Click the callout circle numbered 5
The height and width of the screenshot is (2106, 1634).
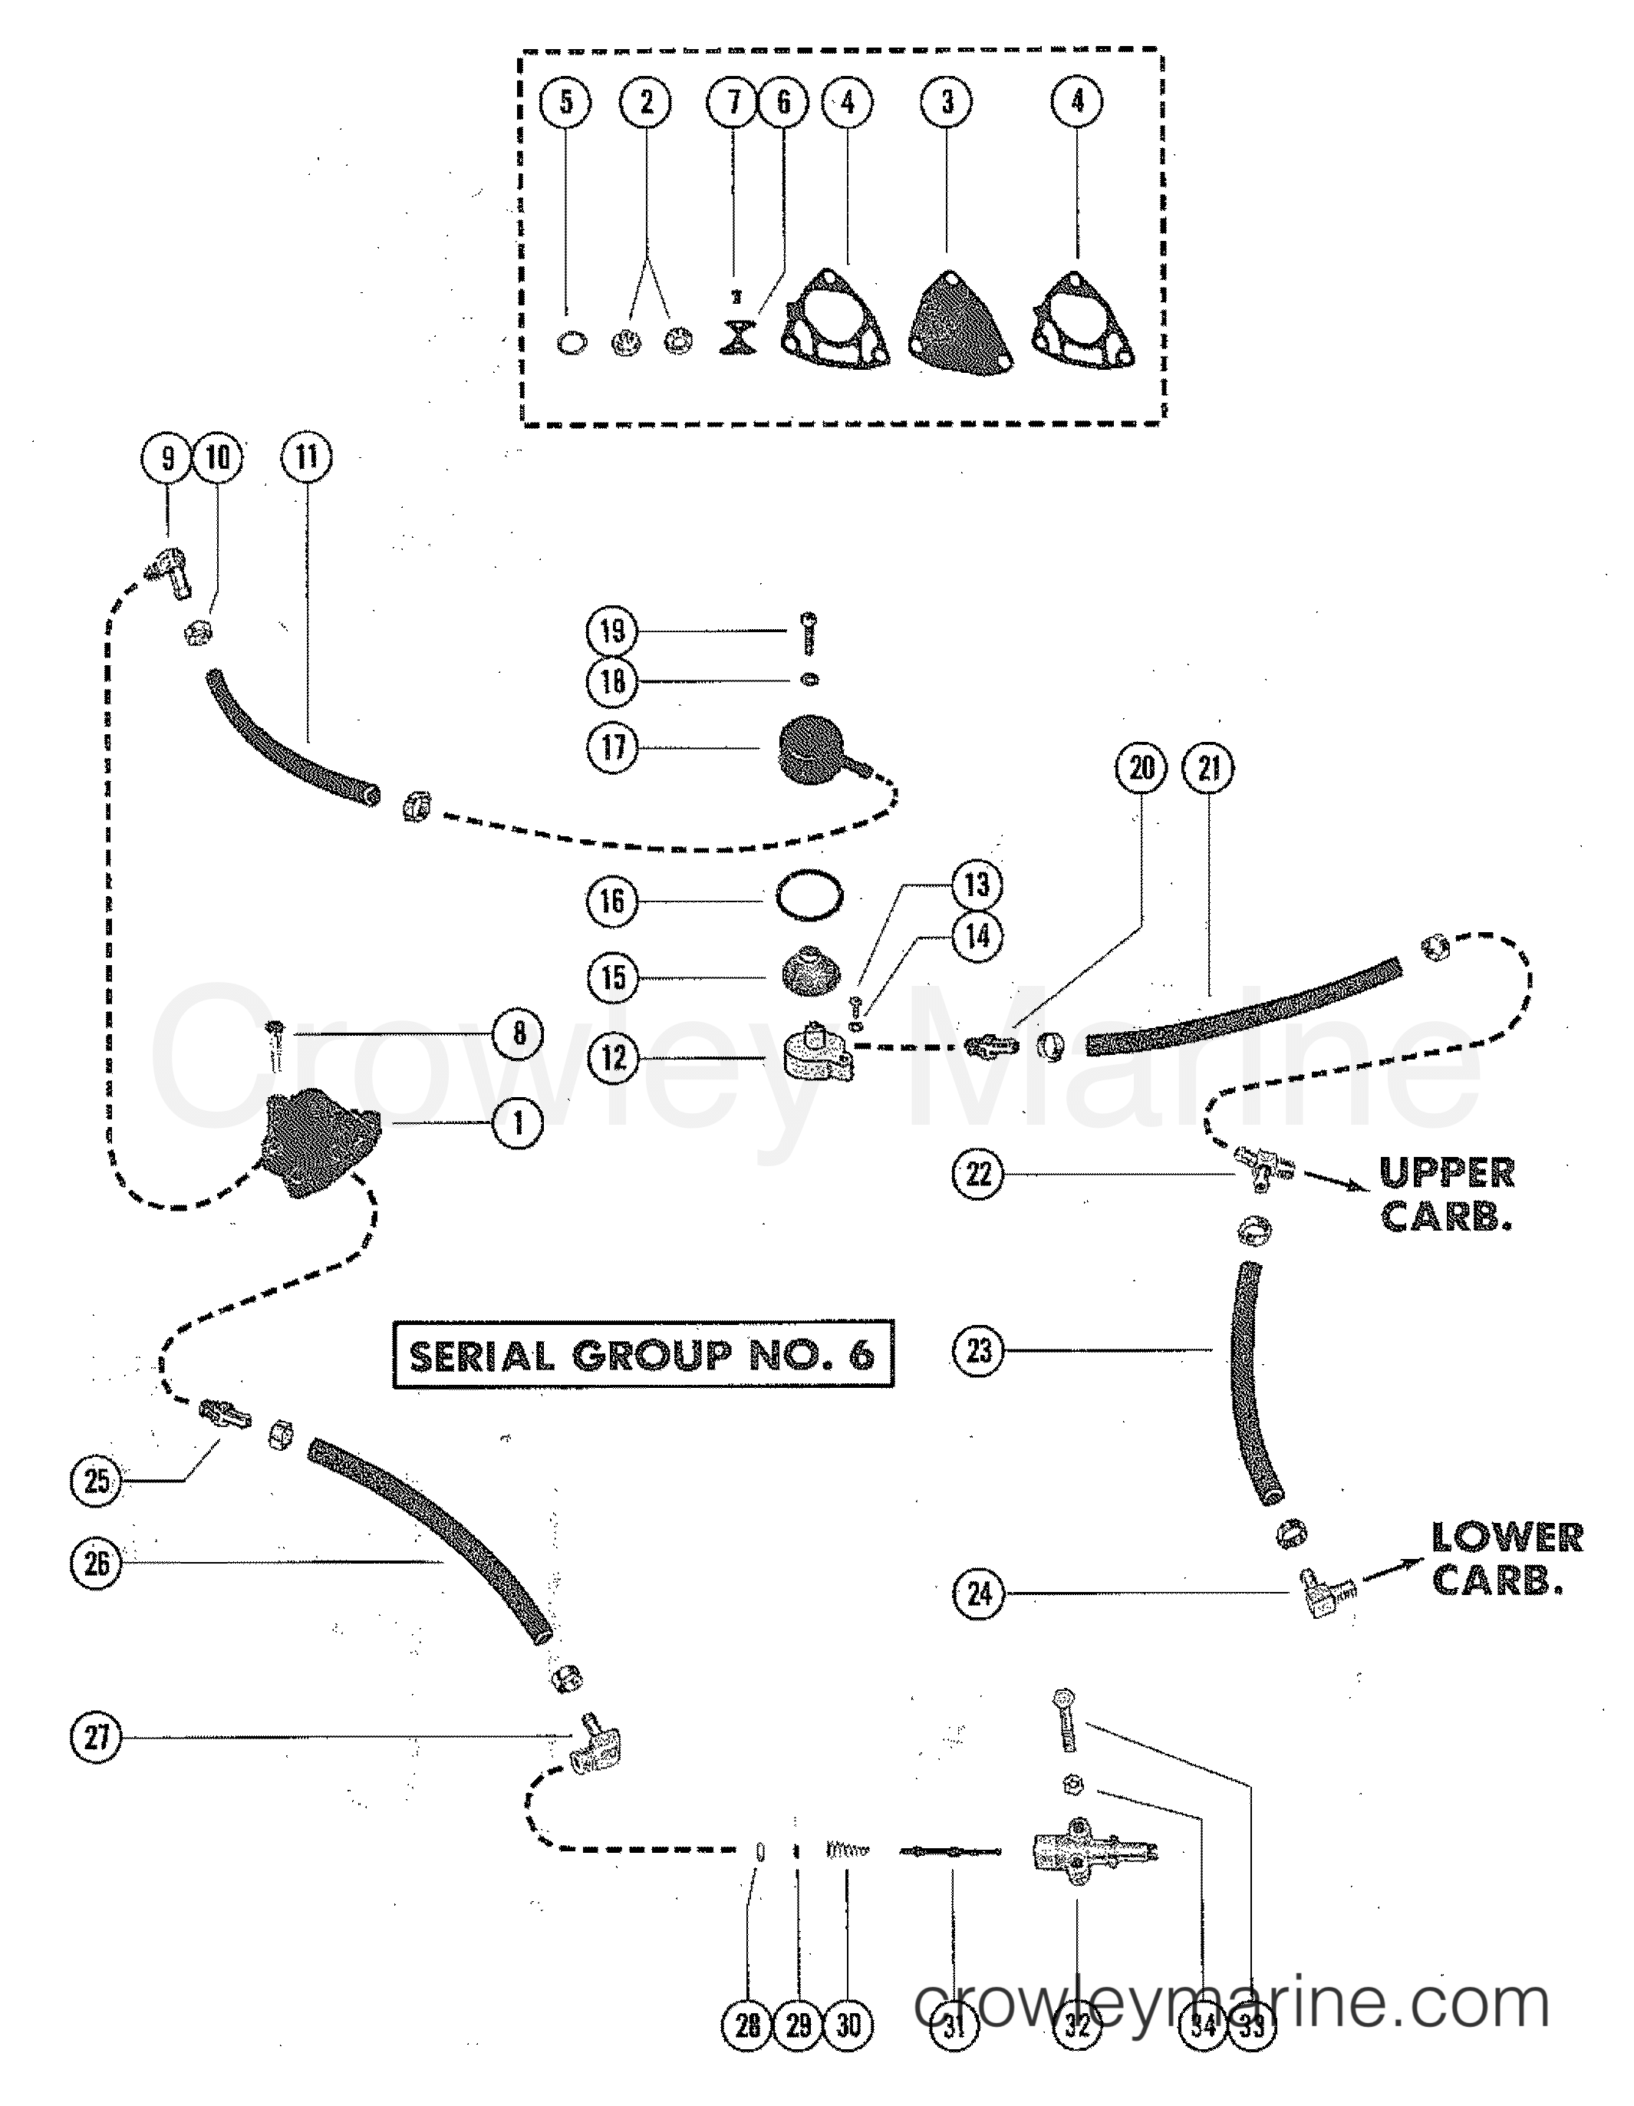(566, 101)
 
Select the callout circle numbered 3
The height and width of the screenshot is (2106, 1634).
(947, 101)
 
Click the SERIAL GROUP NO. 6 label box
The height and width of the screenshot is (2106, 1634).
(643, 1355)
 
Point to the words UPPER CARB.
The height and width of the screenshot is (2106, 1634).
(1446, 1194)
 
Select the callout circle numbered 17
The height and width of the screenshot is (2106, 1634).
(612, 746)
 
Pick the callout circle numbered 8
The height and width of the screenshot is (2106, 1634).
(519, 1033)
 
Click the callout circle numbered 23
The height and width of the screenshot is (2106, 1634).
(978, 1350)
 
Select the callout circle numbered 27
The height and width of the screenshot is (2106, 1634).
(97, 1738)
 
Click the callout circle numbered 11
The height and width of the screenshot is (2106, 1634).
(307, 457)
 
